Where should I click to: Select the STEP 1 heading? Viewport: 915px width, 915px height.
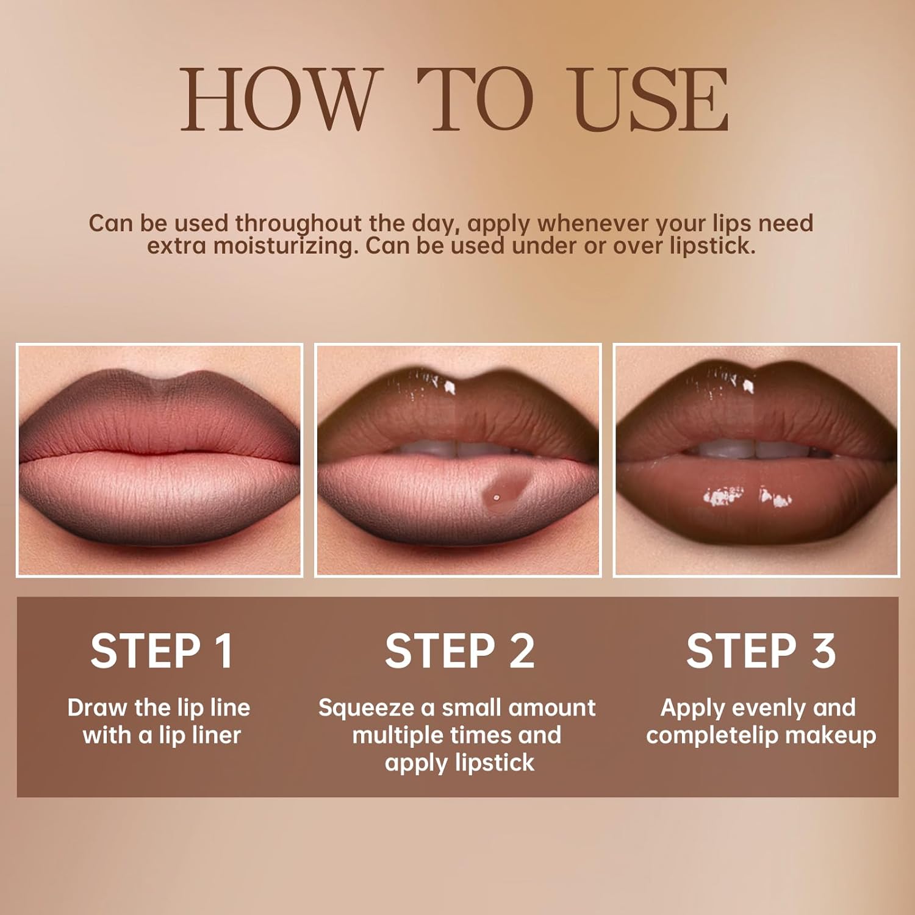click(x=162, y=651)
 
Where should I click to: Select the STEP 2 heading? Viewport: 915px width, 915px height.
click(x=459, y=651)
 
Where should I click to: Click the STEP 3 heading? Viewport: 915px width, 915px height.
click(x=761, y=651)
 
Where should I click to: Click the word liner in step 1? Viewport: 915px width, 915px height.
click(x=217, y=736)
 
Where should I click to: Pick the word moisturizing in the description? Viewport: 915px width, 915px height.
click(x=285, y=246)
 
